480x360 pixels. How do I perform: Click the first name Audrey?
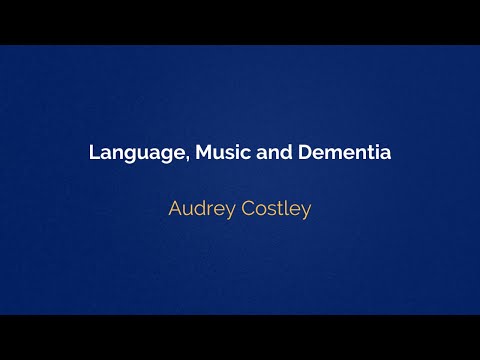[x=201, y=211]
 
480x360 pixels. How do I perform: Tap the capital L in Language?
[x=93, y=154]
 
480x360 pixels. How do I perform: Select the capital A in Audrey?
[x=175, y=210]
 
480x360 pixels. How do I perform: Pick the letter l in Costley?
[x=288, y=210]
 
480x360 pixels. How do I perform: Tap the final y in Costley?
[x=307, y=213]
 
